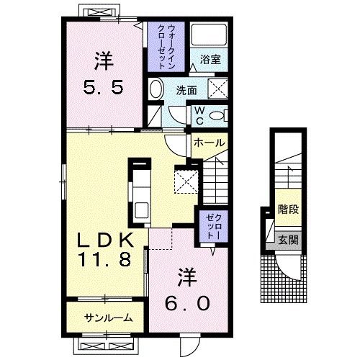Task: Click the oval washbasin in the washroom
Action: [156, 91]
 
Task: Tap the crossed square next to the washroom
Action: [217, 90]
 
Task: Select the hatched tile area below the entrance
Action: [282, 282]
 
